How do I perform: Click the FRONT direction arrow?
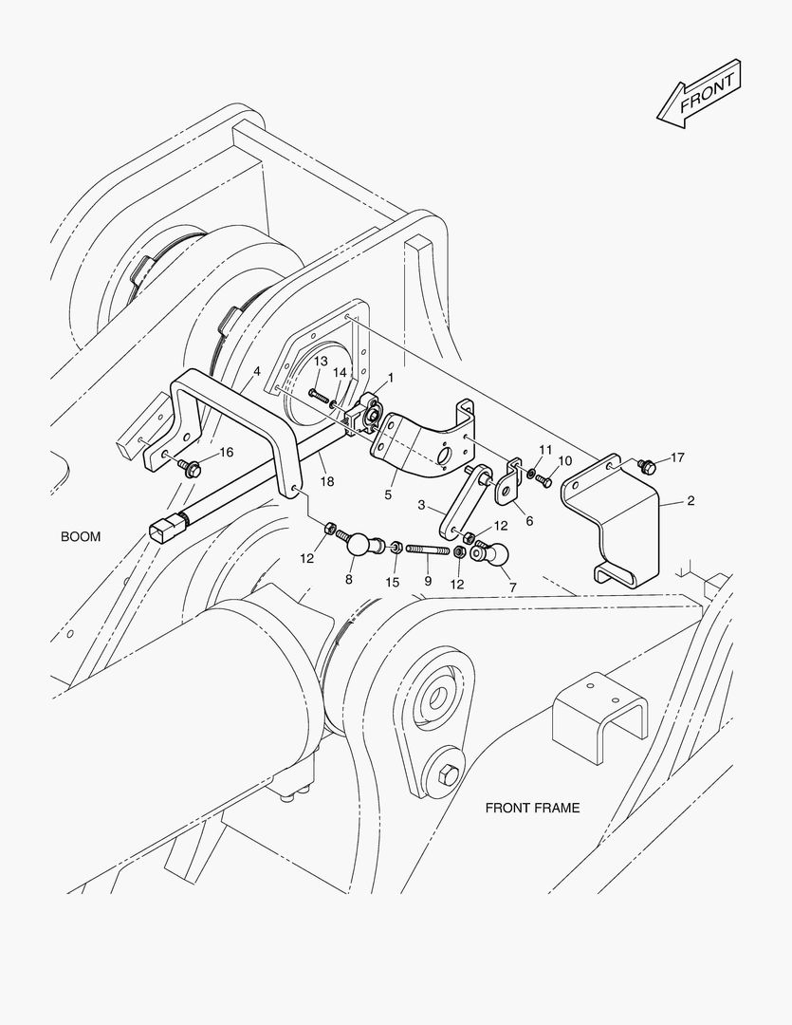pyautogui.click(x=698, y=93)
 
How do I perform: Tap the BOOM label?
pyautogui.click(x=81, y=536)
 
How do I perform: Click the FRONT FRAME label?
pyautogui.click(x=532, y=809)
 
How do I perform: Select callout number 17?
pyautogui.click(x=676, y=457)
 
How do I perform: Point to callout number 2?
pyautogui.click(x=690, y=500)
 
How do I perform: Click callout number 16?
pyautogui.click(x=226, y=452)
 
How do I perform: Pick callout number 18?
pyautogui.click(x=327, y=482)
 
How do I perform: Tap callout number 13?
pyautogui.click(x=321, y=362)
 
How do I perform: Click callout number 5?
pyautogui.click(x=388, y=494)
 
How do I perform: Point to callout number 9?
pyautogui.click(x=428, y=580)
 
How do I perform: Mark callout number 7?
pyautogui.click(x=512, y=587)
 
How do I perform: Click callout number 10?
pyautogui.click(x=565, y=460)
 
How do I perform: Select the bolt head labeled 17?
pyautogui.click(x=648, y=465)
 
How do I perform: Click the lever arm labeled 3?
pyautogui.click(x=464, y=500)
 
